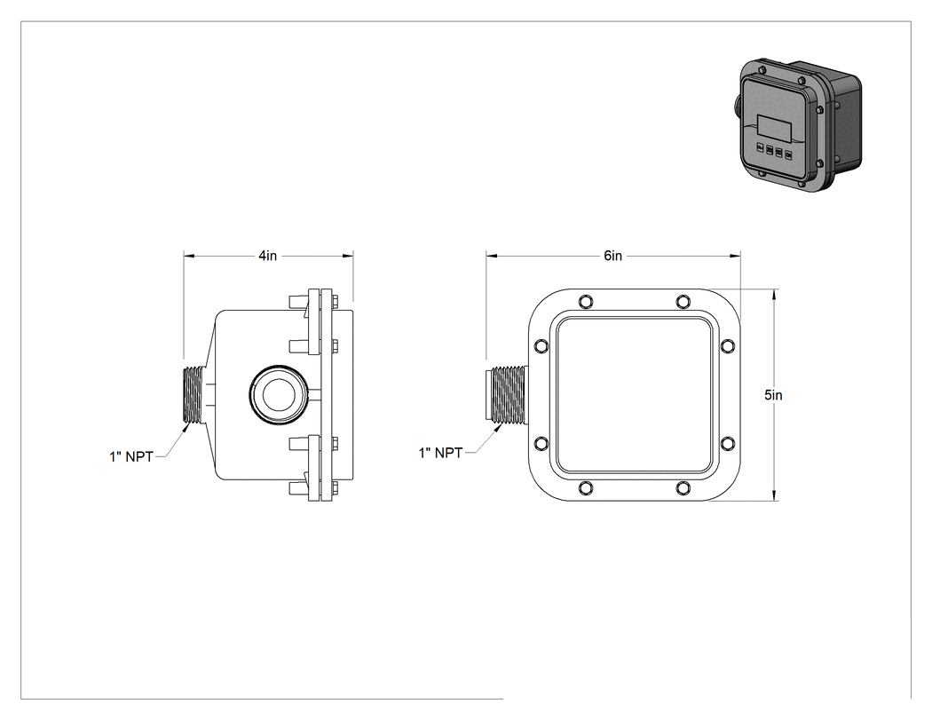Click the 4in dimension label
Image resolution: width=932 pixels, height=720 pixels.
(x=267, y=256)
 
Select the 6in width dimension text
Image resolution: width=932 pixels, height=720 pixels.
(x=612, y=256)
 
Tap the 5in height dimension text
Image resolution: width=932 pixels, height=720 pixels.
(x=773, y=395)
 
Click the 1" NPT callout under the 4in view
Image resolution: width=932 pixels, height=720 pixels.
(x=131, y=456)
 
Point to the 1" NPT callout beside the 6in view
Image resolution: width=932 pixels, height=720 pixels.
(x=440, y=453)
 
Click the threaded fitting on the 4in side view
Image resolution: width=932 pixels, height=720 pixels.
(x=194, y=395)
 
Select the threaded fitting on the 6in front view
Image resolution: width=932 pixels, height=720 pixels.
(x=506, y=395)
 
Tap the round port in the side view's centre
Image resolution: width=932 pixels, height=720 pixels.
(x=278, y=395)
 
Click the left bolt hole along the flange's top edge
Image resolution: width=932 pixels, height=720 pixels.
(x=586, y=301)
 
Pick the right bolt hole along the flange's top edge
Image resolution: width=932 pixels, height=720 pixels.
(x=683, y=301)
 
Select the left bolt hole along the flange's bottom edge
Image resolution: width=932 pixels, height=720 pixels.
(x=586, y=488)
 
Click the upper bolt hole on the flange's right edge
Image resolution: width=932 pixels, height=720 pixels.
(x=727, y=345)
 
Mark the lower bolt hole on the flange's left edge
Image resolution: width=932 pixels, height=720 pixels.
(x=541, y=443)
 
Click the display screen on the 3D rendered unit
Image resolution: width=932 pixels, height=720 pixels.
(x=775, y=128)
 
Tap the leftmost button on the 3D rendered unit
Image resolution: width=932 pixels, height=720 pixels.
(x=760, y=147)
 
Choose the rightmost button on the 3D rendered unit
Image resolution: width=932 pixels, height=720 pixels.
(x=789, y=155)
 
